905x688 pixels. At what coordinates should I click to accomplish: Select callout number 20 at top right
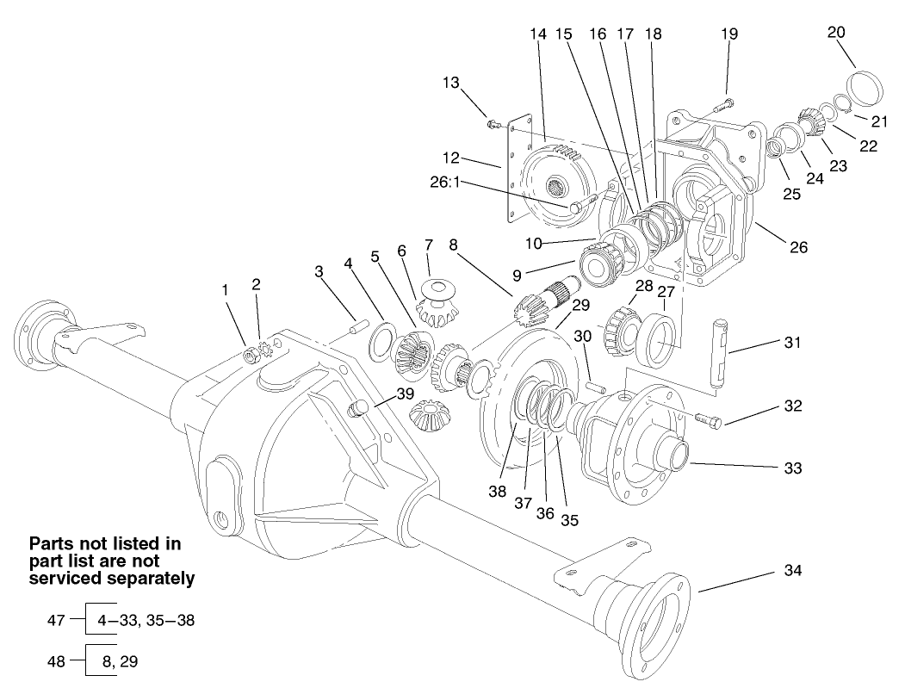[x=836, y=32]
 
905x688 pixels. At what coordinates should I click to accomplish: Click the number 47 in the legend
[x=55, y=620]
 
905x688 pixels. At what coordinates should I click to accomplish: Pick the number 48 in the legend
[x=55, y=661]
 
